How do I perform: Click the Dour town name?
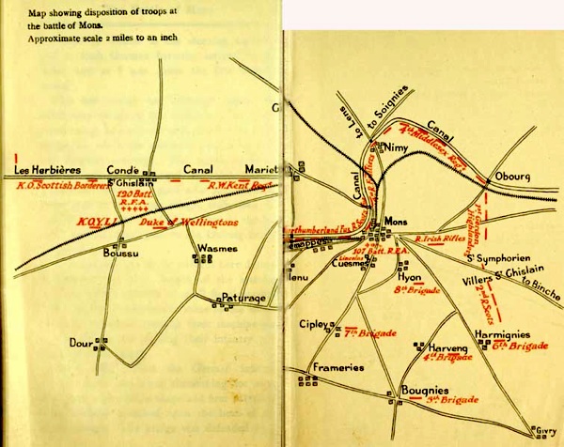(81, 343)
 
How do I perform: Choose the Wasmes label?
(217, 248)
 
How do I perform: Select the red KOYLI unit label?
(94, 223)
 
